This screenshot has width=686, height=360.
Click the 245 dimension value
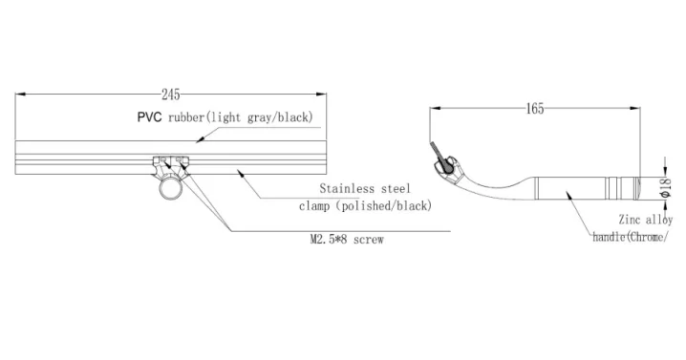pos(171,94)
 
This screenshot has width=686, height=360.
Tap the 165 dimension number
pos(534,109)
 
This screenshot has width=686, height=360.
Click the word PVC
pos(149,117)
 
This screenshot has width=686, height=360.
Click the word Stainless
pos(350,189)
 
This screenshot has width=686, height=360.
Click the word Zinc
pos(632,219)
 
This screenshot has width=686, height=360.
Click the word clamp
pos(314,205)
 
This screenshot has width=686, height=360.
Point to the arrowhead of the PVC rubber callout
pos(197,140)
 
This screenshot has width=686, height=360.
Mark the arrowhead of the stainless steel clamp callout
pos(239,171)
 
